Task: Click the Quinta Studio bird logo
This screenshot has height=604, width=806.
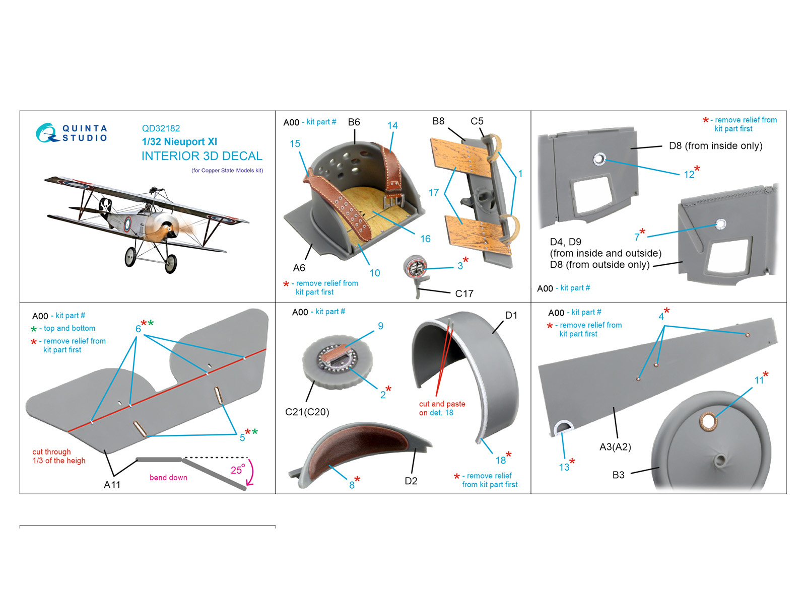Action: (x=47, y=133)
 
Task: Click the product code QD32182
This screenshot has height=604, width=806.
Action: (x=161, y=128)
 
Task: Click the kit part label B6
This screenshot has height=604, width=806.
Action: (x=354, y=122)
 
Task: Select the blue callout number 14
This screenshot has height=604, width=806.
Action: (x=392, y=125)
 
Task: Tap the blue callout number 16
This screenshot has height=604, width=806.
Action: (x=425, y=239)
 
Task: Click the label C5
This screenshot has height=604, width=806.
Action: (x=477, y=121)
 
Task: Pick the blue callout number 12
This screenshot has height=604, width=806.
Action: (x=689, y=175)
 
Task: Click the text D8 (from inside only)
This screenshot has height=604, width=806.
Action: (x=716, y=146)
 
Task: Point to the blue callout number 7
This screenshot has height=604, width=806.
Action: (x=637, y=238)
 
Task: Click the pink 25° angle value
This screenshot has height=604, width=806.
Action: (x=238, y=470)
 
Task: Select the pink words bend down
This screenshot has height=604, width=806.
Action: (x=168, y=478)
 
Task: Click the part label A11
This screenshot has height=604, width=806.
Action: (x=112, y=485)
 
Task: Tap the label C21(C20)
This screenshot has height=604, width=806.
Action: (x=307, y=412)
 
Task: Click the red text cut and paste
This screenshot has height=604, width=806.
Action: (x=442, y=404)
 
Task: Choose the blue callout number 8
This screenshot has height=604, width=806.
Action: (x=352, y=485)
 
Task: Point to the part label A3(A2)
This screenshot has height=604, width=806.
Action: (x=615, y=447)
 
